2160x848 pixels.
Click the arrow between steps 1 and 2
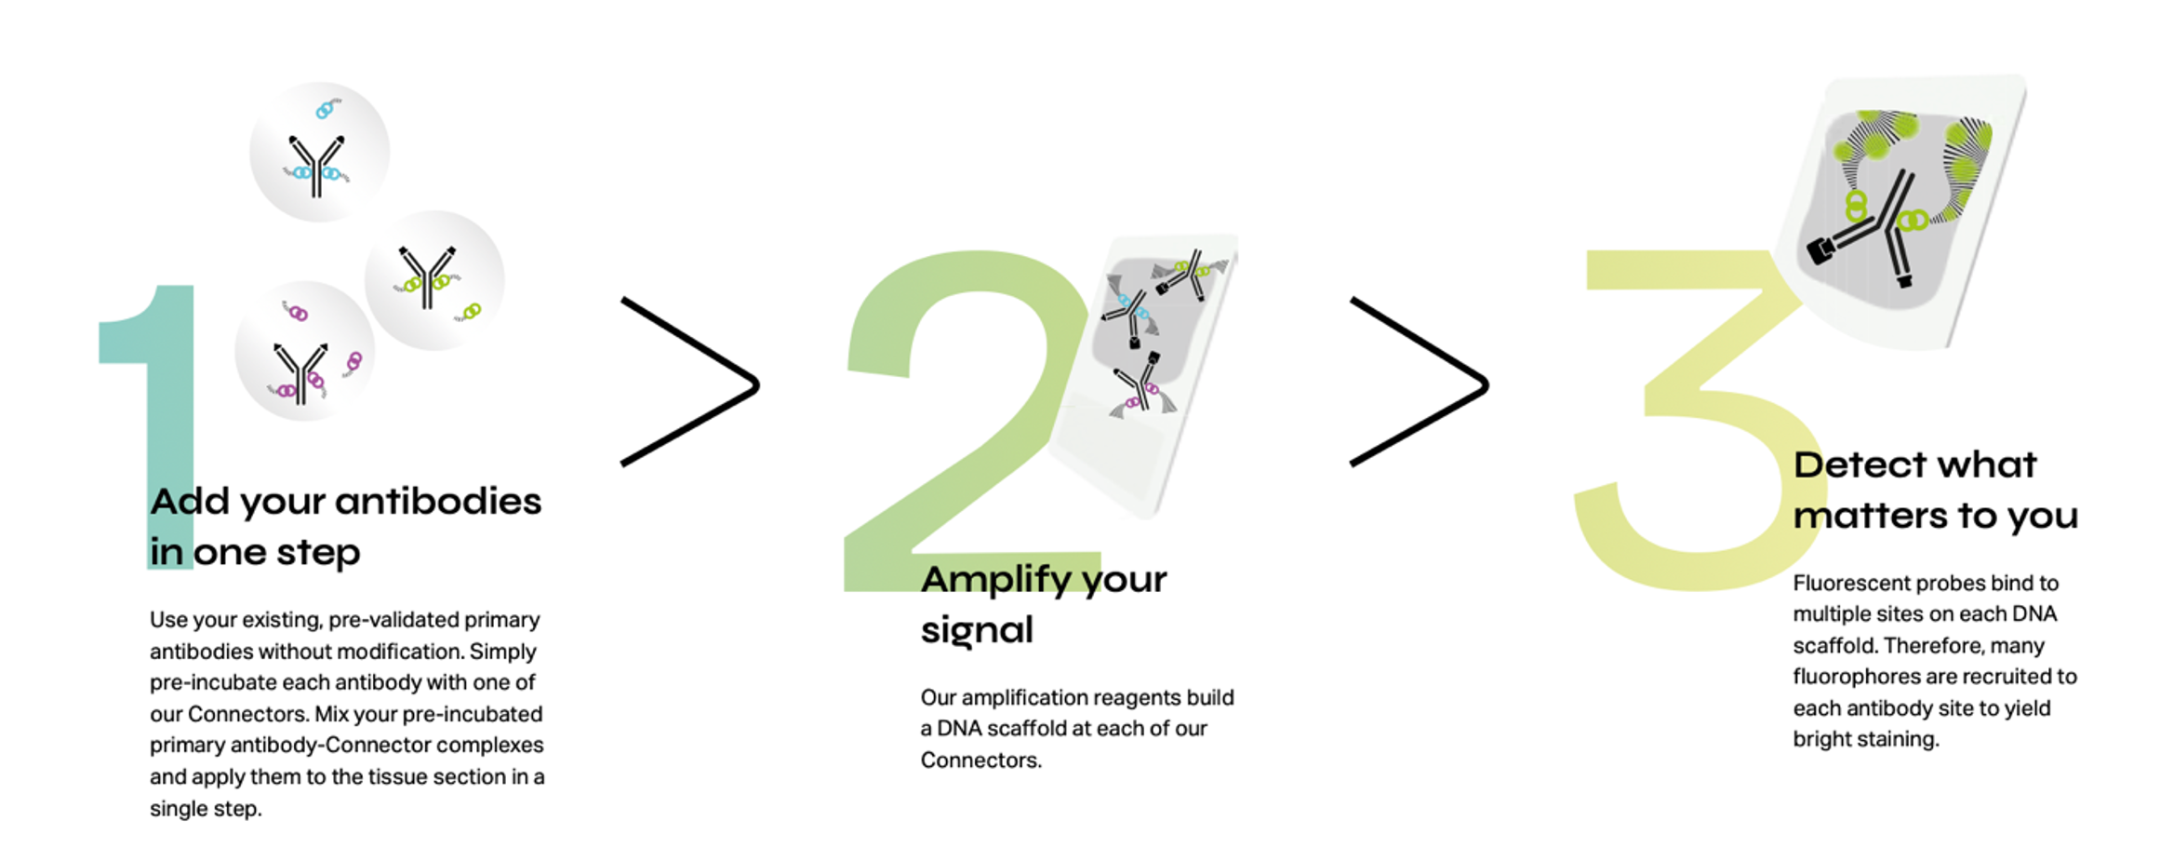690,382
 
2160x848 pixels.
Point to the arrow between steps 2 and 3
1420,382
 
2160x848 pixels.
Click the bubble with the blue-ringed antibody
319,152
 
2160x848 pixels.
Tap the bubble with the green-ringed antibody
434,280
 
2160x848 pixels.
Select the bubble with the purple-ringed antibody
304,351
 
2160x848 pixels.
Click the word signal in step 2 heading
977,631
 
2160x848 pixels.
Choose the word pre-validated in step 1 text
394,621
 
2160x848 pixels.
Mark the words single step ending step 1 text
206,809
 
